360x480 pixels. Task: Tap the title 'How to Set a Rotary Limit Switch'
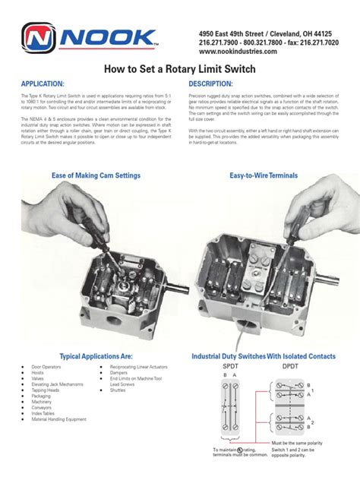coord(179,68)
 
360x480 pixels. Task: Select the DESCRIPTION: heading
coord(210,83)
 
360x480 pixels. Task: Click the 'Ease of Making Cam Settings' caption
coord(96,175)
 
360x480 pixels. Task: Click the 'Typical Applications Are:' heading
coord(96,356)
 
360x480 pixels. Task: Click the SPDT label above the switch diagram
coord(229,366)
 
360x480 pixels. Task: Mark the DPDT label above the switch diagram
coord(290,366)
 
